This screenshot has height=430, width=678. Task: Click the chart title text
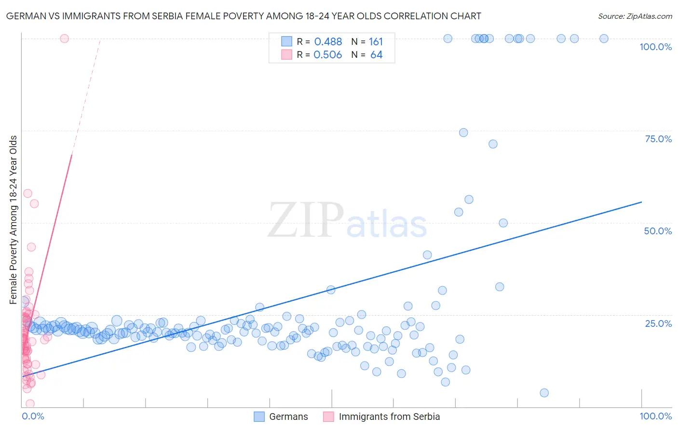(x=244, y=16)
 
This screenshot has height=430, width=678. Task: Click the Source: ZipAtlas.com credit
(x=635, y=16)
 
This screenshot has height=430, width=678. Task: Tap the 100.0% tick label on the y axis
(x=655, y=47)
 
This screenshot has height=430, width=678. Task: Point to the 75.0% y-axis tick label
(x=658, y=139)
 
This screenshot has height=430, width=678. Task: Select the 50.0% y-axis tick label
(x=658, y=231)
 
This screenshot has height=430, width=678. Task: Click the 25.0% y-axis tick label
(x=658, y=323)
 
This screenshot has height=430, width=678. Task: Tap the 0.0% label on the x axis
(x=33, y=416)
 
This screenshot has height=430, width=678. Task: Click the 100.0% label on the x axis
(x=655, y=416)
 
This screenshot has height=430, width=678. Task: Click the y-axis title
(x=13, y=220)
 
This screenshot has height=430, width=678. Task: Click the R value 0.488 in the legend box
(x=328, y=42)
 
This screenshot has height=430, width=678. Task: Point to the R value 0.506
(x=328, y=55)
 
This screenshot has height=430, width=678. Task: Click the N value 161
(x=376, y=42)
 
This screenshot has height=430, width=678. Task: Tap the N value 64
(x=376, y=55)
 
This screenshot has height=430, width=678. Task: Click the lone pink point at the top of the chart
(x=65, y=39)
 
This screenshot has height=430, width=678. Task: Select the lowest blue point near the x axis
(x=544, y=393)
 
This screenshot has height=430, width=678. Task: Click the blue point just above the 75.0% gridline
(x=463, y=133)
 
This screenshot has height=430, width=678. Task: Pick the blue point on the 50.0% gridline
(x=503, y=223)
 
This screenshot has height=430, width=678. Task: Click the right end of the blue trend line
(x=641, y=202)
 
